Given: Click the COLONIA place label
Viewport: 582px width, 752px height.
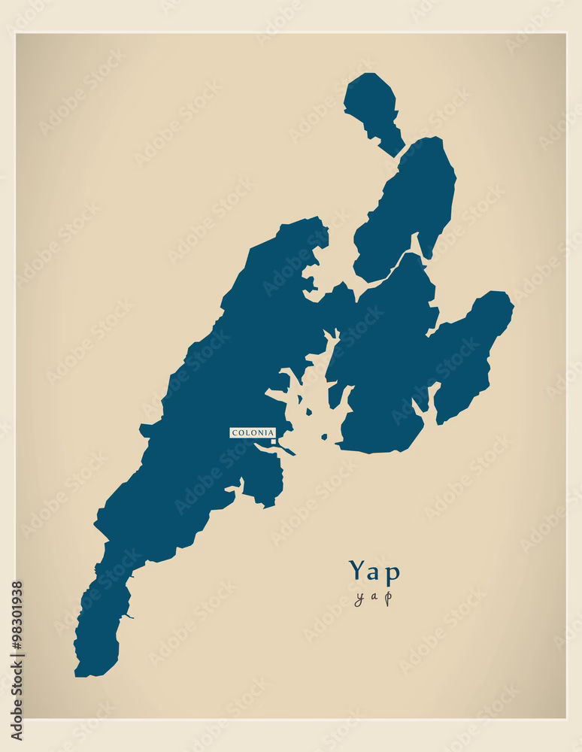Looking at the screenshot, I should click(253, 432).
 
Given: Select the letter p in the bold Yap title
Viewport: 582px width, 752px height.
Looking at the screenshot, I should click(392, 573).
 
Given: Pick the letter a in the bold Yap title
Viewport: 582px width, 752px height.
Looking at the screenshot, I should click(374, 572).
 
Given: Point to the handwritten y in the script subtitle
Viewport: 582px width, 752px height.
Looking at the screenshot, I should click(359, 599).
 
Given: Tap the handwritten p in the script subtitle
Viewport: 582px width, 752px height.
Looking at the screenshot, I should click(388, 599).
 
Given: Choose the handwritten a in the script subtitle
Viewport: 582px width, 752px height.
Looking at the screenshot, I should click(374, 599).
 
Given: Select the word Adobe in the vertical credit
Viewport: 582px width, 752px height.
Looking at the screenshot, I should click(17, 723).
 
